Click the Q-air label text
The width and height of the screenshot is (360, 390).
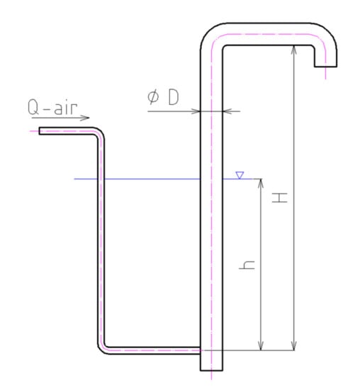point(52,107)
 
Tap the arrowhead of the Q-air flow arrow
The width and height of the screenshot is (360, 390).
point(86,118)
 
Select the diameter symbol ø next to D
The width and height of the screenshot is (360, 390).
point(153,97)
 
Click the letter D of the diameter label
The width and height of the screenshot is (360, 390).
point(174,97)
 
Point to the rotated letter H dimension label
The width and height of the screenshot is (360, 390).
point(280,198)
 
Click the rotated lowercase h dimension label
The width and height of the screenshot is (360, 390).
point(247,264)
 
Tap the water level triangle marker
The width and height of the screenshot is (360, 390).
point(240,175)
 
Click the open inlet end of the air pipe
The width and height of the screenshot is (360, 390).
point(39,131)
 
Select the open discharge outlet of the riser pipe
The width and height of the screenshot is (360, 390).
point(326,67)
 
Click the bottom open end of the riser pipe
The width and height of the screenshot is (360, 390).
point(211,370)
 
